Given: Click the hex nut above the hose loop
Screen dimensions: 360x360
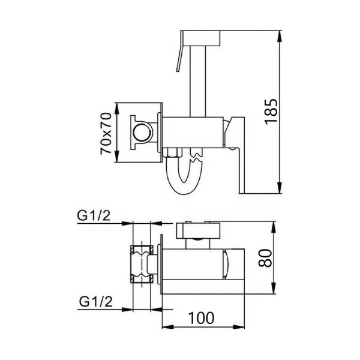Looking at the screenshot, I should coord(170,154).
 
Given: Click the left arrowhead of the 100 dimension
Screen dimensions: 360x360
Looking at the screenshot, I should coord(166,326).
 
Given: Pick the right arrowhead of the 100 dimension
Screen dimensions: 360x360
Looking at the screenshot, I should coord(242,326).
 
